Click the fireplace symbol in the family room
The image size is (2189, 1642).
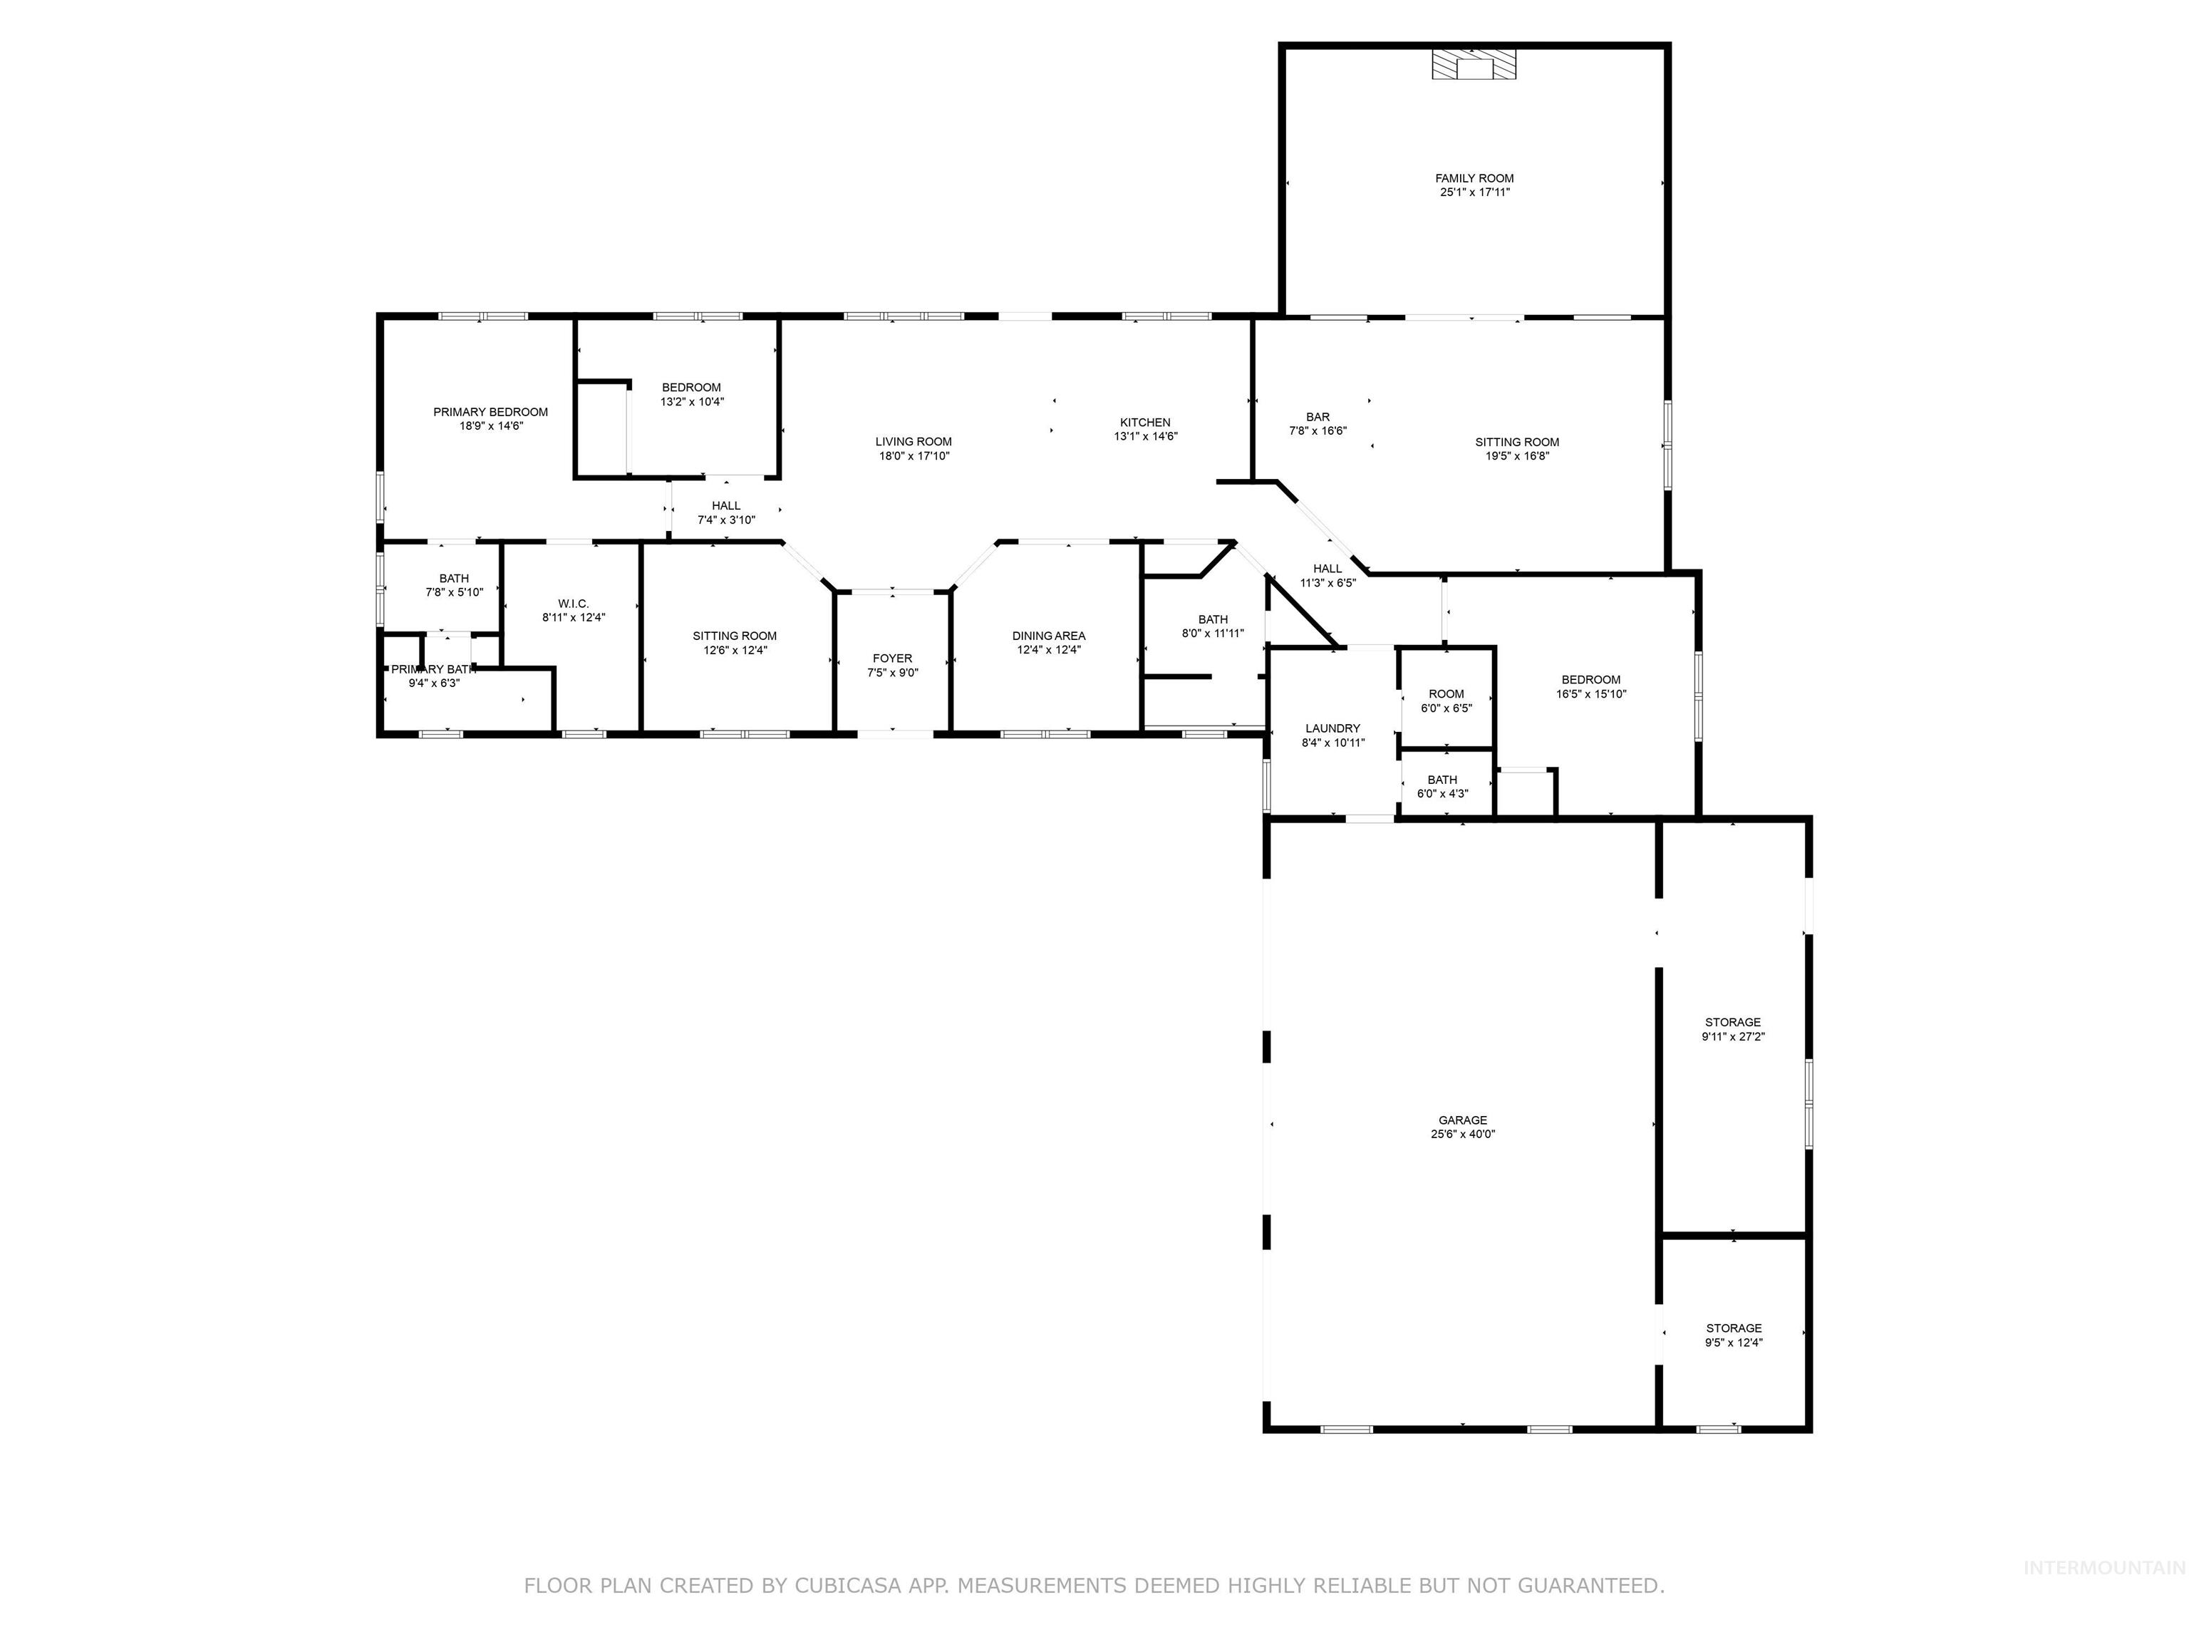pyautogui.click(x=1474, y=66)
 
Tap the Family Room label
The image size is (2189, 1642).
pyautogui.click(x=1474, y=178)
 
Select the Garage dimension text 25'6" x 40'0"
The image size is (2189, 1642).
pyautogui.click(x=1463, y=1135)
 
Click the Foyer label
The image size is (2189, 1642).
pyautogui.click(x=893, y=659)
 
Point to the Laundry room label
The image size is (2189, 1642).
pyautogui.click(x=1333, y=728)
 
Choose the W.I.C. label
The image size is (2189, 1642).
pyautogui.click(x=573, y=604)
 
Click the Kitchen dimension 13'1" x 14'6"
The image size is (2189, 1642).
pyautogui.click(x=1146, y=436)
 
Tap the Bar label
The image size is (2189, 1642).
pyautogui.click(x=1317, y=418)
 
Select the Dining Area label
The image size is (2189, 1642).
pyautogui.click(x=1048, y=636)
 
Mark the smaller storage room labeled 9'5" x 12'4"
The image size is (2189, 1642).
pyautogui.click(x=1734, y=1335)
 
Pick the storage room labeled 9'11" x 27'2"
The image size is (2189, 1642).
pyautogui.click(x=1733, y=1029)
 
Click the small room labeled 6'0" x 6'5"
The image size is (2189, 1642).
pyautogui.click(x=1446, y=701)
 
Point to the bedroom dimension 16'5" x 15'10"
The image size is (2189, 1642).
pyautogui.click(x=1591, y=695)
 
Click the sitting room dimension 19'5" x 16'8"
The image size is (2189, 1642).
pyautogui.click(x=1517, y=456)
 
